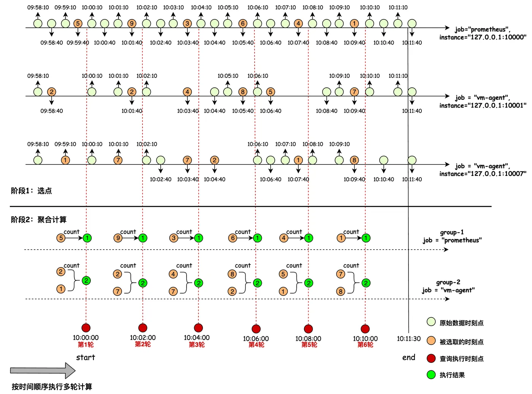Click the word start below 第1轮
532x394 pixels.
[x=85, y=358]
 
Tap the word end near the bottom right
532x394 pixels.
[x=409, y=358]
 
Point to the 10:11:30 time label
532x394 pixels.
[x=409, y=339]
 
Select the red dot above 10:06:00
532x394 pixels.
[x=256, y=329]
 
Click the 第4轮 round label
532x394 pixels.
[x=256, y=345]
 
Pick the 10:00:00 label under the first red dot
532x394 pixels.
[x=85, y=337]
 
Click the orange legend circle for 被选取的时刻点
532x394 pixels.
[x=431, y=341]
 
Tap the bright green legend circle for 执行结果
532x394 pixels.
[x=431, y=375]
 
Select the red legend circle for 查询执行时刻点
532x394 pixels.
[x=431, y=358]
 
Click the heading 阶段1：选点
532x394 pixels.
[x=31, y=191]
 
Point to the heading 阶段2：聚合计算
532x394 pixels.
[x=38, y=220]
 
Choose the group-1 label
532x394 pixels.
[x=452, y=232]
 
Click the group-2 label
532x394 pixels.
[x=448, y=282]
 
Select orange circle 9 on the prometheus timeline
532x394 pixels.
[x=132, y=24]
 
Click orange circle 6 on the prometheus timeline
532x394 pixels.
[x=243, y=24]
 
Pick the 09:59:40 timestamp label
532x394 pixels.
[x=78, y=43]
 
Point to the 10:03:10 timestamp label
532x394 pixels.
[x=173, y=8]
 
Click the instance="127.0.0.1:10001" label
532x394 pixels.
[x=483, y=106]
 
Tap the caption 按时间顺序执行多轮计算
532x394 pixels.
[x=52, y=387]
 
